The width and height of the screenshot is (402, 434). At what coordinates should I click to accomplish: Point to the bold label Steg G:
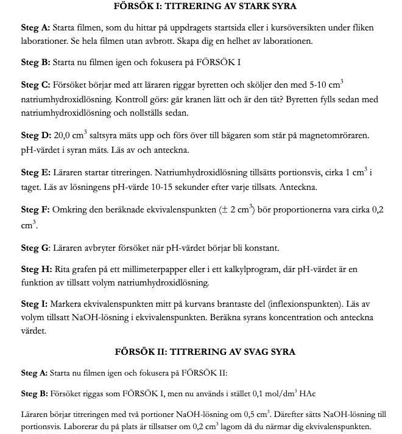[35, 248]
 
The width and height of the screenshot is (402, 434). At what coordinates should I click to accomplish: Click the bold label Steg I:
[34, 304]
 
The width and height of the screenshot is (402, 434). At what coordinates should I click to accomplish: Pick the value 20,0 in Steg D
[63, 136]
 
